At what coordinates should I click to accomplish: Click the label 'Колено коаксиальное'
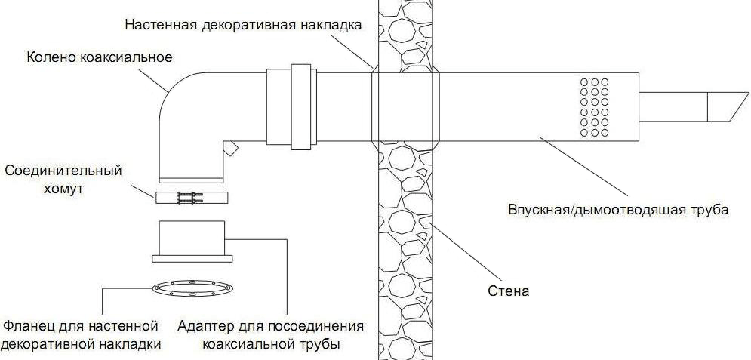[99, 57]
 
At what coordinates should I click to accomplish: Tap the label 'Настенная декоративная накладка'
[243, 25]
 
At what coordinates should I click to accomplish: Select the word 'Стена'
[508, 291]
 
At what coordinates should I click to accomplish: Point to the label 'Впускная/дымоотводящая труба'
[618, 210]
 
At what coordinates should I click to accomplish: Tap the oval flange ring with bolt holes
[192, 288]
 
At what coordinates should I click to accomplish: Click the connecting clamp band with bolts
[192, 198]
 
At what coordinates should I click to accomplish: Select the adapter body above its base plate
[192, 238]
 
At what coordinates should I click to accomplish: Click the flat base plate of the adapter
[192, 259]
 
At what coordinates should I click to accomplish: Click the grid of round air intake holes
[594, 107]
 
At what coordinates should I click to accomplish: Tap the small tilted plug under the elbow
[230, 149]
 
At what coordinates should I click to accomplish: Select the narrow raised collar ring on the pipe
[301, 106]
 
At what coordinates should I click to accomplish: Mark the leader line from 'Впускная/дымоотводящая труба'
[583, 166]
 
